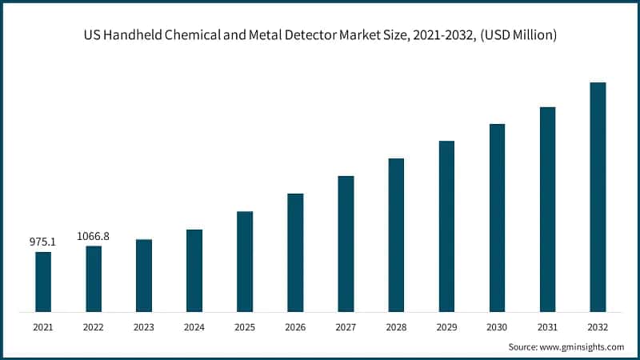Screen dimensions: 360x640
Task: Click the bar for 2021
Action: (x=43, y=282)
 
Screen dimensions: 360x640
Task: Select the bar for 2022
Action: (x=94, y=278)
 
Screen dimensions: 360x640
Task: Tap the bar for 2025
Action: (x=245, y=261)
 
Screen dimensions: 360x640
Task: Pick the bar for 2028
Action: (x=396, y=234)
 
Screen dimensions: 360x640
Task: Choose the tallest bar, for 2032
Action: (x=598, y=197)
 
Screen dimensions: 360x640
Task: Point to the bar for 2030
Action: (x=497, y=218)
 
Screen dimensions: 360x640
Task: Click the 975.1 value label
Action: (x=42, y=242)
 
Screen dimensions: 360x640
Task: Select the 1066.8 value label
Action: (x=93, y=236)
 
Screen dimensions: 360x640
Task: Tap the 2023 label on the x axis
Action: (x=144, y=327)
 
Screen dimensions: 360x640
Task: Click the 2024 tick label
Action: (x=194, y=327)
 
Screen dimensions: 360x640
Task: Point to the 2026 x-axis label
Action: (x=295, y=327)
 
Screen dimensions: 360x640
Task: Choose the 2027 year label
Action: (x=346, y=327)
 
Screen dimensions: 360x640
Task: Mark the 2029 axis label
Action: (x=446, y=327)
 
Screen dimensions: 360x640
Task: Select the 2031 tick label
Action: (x=547, y=327)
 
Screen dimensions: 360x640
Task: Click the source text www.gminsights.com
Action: (x=581, y=347)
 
